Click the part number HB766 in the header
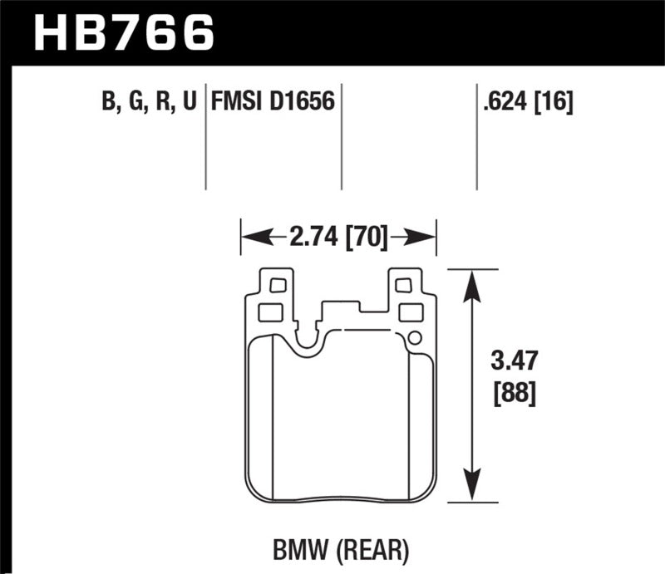pyautogui.click(x=123, y=32)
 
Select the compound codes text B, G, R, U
pyautogui.click(x=146, y=102)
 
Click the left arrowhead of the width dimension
pyautogui.click(x=250, y=238)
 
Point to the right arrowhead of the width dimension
pyautogui.click(x=426, y=238)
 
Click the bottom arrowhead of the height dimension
pyautogui.click(x=472, y=491)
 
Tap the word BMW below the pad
pyautogui.click(x=295, y=549)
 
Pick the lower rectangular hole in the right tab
pyautogui.click(x=410, y=312)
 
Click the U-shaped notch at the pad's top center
pyautogui.click(x=308, y=336)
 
